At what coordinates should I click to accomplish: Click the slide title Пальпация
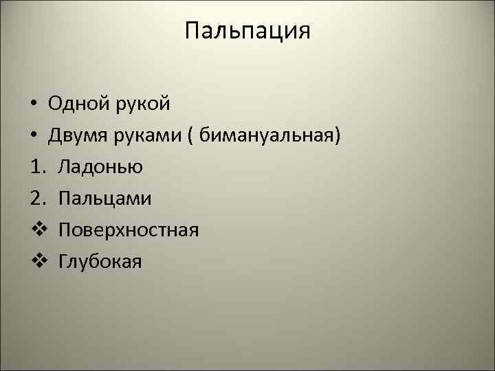point(247,32)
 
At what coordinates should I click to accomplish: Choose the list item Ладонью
point(100,167)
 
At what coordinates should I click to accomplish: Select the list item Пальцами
point(105,199)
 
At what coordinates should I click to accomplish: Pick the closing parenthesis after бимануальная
point(337,136)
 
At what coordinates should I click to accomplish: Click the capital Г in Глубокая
point(63,260)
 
